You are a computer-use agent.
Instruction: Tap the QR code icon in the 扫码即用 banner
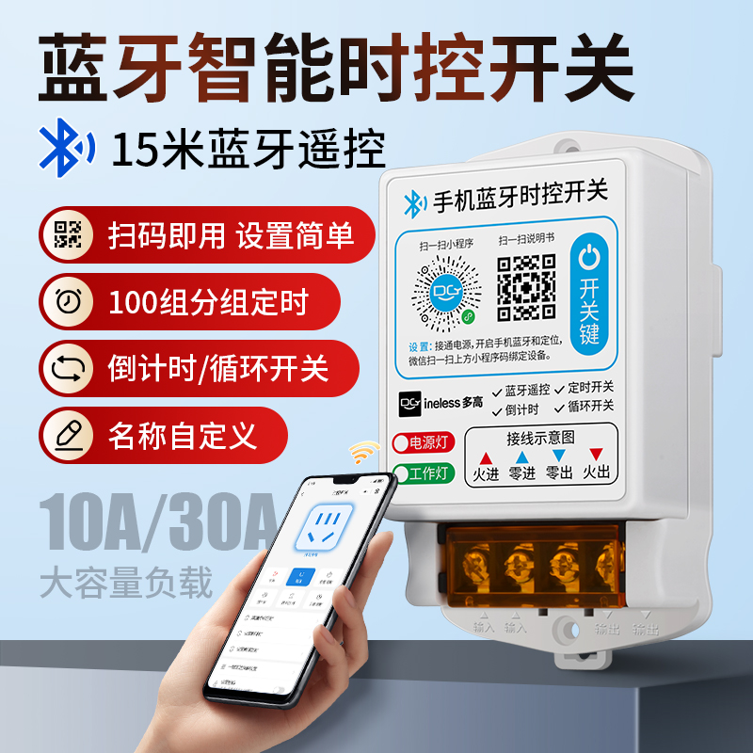point(68,233)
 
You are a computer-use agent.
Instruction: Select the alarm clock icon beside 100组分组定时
point(68,301)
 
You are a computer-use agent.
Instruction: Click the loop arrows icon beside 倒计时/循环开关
point(68,367)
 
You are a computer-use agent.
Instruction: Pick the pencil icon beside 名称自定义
point(68,434)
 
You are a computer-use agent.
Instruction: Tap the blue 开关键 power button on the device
point(588,294)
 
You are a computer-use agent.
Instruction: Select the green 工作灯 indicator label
point(424,473)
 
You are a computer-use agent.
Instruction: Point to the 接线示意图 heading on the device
point(540,438)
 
